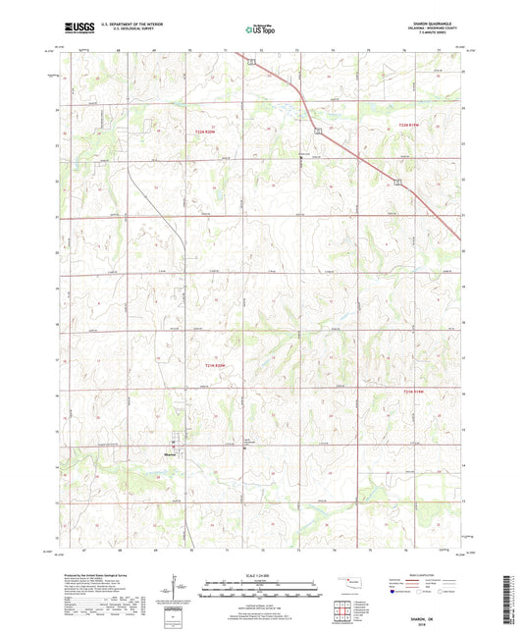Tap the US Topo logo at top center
pyautogui.click(x=260, y=30)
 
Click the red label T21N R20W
pyautogui.click(x=227, y=365)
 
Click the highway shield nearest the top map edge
pyautogui.click(x=250, y=62)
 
